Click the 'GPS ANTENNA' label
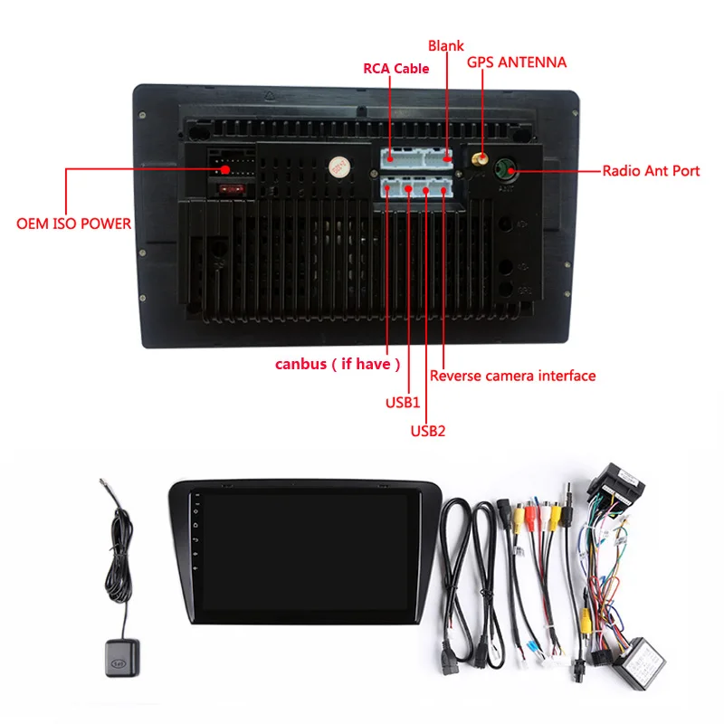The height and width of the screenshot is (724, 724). (x=517, y=62)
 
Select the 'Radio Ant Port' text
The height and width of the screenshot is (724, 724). (x=651, y=170)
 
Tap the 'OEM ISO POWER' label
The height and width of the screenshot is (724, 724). (x=73, y=224)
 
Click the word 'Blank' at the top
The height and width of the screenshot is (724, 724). (x=445, y=45)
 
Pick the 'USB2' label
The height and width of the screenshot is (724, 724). (x=428, y=431)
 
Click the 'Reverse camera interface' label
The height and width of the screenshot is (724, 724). (x=512, y=375)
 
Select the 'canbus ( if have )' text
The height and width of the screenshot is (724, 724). (x=338, y=364)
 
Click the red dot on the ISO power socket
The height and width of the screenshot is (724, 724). (x=224, y=168)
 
